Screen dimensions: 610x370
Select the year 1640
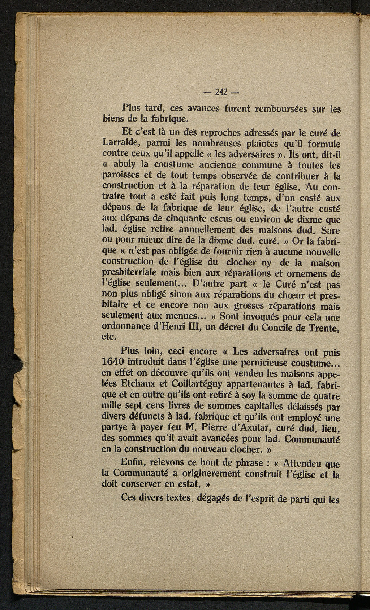(x=114, y=362)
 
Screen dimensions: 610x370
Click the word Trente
(x=321, y=328)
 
